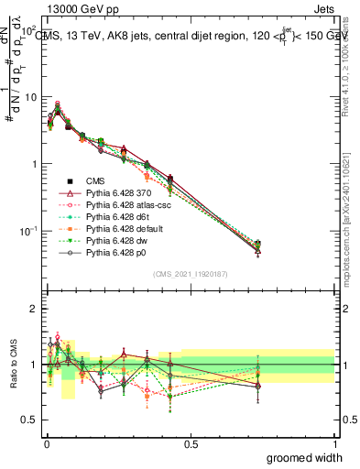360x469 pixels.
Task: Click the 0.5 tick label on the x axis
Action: pyautogui.click(x=191, y=443)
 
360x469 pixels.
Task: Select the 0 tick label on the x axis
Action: pyautogui.click(x=48, y=443)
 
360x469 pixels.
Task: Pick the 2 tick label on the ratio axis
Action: pyautogui.click(x=33, y=309)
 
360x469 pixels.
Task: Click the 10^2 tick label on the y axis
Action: pyautogui.click(x=27, y=31)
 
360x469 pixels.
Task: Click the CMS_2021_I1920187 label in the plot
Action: pyautogui.click(x=191, y=274)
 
